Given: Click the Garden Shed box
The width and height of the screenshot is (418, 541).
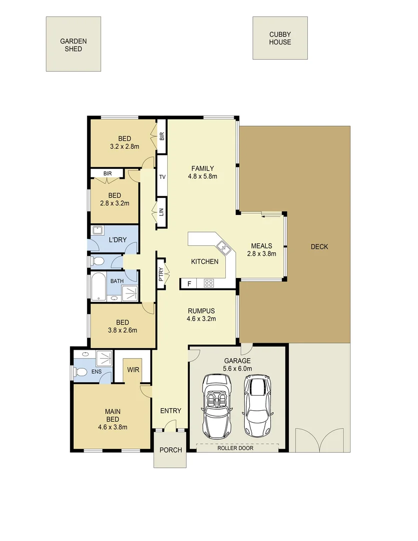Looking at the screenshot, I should tap(73, 44).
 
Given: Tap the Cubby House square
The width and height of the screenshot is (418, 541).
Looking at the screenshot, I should tap(280, 38).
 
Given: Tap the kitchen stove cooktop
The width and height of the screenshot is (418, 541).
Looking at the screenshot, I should tap(208, 284).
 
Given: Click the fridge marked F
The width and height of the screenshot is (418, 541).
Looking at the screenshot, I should tap(189, 284).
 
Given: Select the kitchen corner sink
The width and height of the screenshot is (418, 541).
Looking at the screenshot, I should tap(222, 246).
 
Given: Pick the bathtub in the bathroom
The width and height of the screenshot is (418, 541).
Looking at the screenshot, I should tap(99, 287).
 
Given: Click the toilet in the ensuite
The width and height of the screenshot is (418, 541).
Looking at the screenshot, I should tap(80, 372).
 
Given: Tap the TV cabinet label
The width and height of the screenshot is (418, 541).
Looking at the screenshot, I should tap(162, 177).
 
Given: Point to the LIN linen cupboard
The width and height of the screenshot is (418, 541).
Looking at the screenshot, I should tap(162, 212).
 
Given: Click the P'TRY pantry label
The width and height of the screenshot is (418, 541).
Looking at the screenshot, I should tap(161, 274).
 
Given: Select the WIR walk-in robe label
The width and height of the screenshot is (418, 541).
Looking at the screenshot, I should tap(133, 370).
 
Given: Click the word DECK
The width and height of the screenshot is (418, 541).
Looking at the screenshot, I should tap(319, 246).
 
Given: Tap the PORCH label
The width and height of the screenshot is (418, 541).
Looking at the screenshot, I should tap(170, 450).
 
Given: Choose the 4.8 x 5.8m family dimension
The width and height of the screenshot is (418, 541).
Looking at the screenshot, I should tap(202, 176).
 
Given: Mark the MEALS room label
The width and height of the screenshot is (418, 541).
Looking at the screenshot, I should tap(261, 246).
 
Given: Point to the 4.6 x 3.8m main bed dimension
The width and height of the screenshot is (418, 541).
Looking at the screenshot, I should tap(112, 427).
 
